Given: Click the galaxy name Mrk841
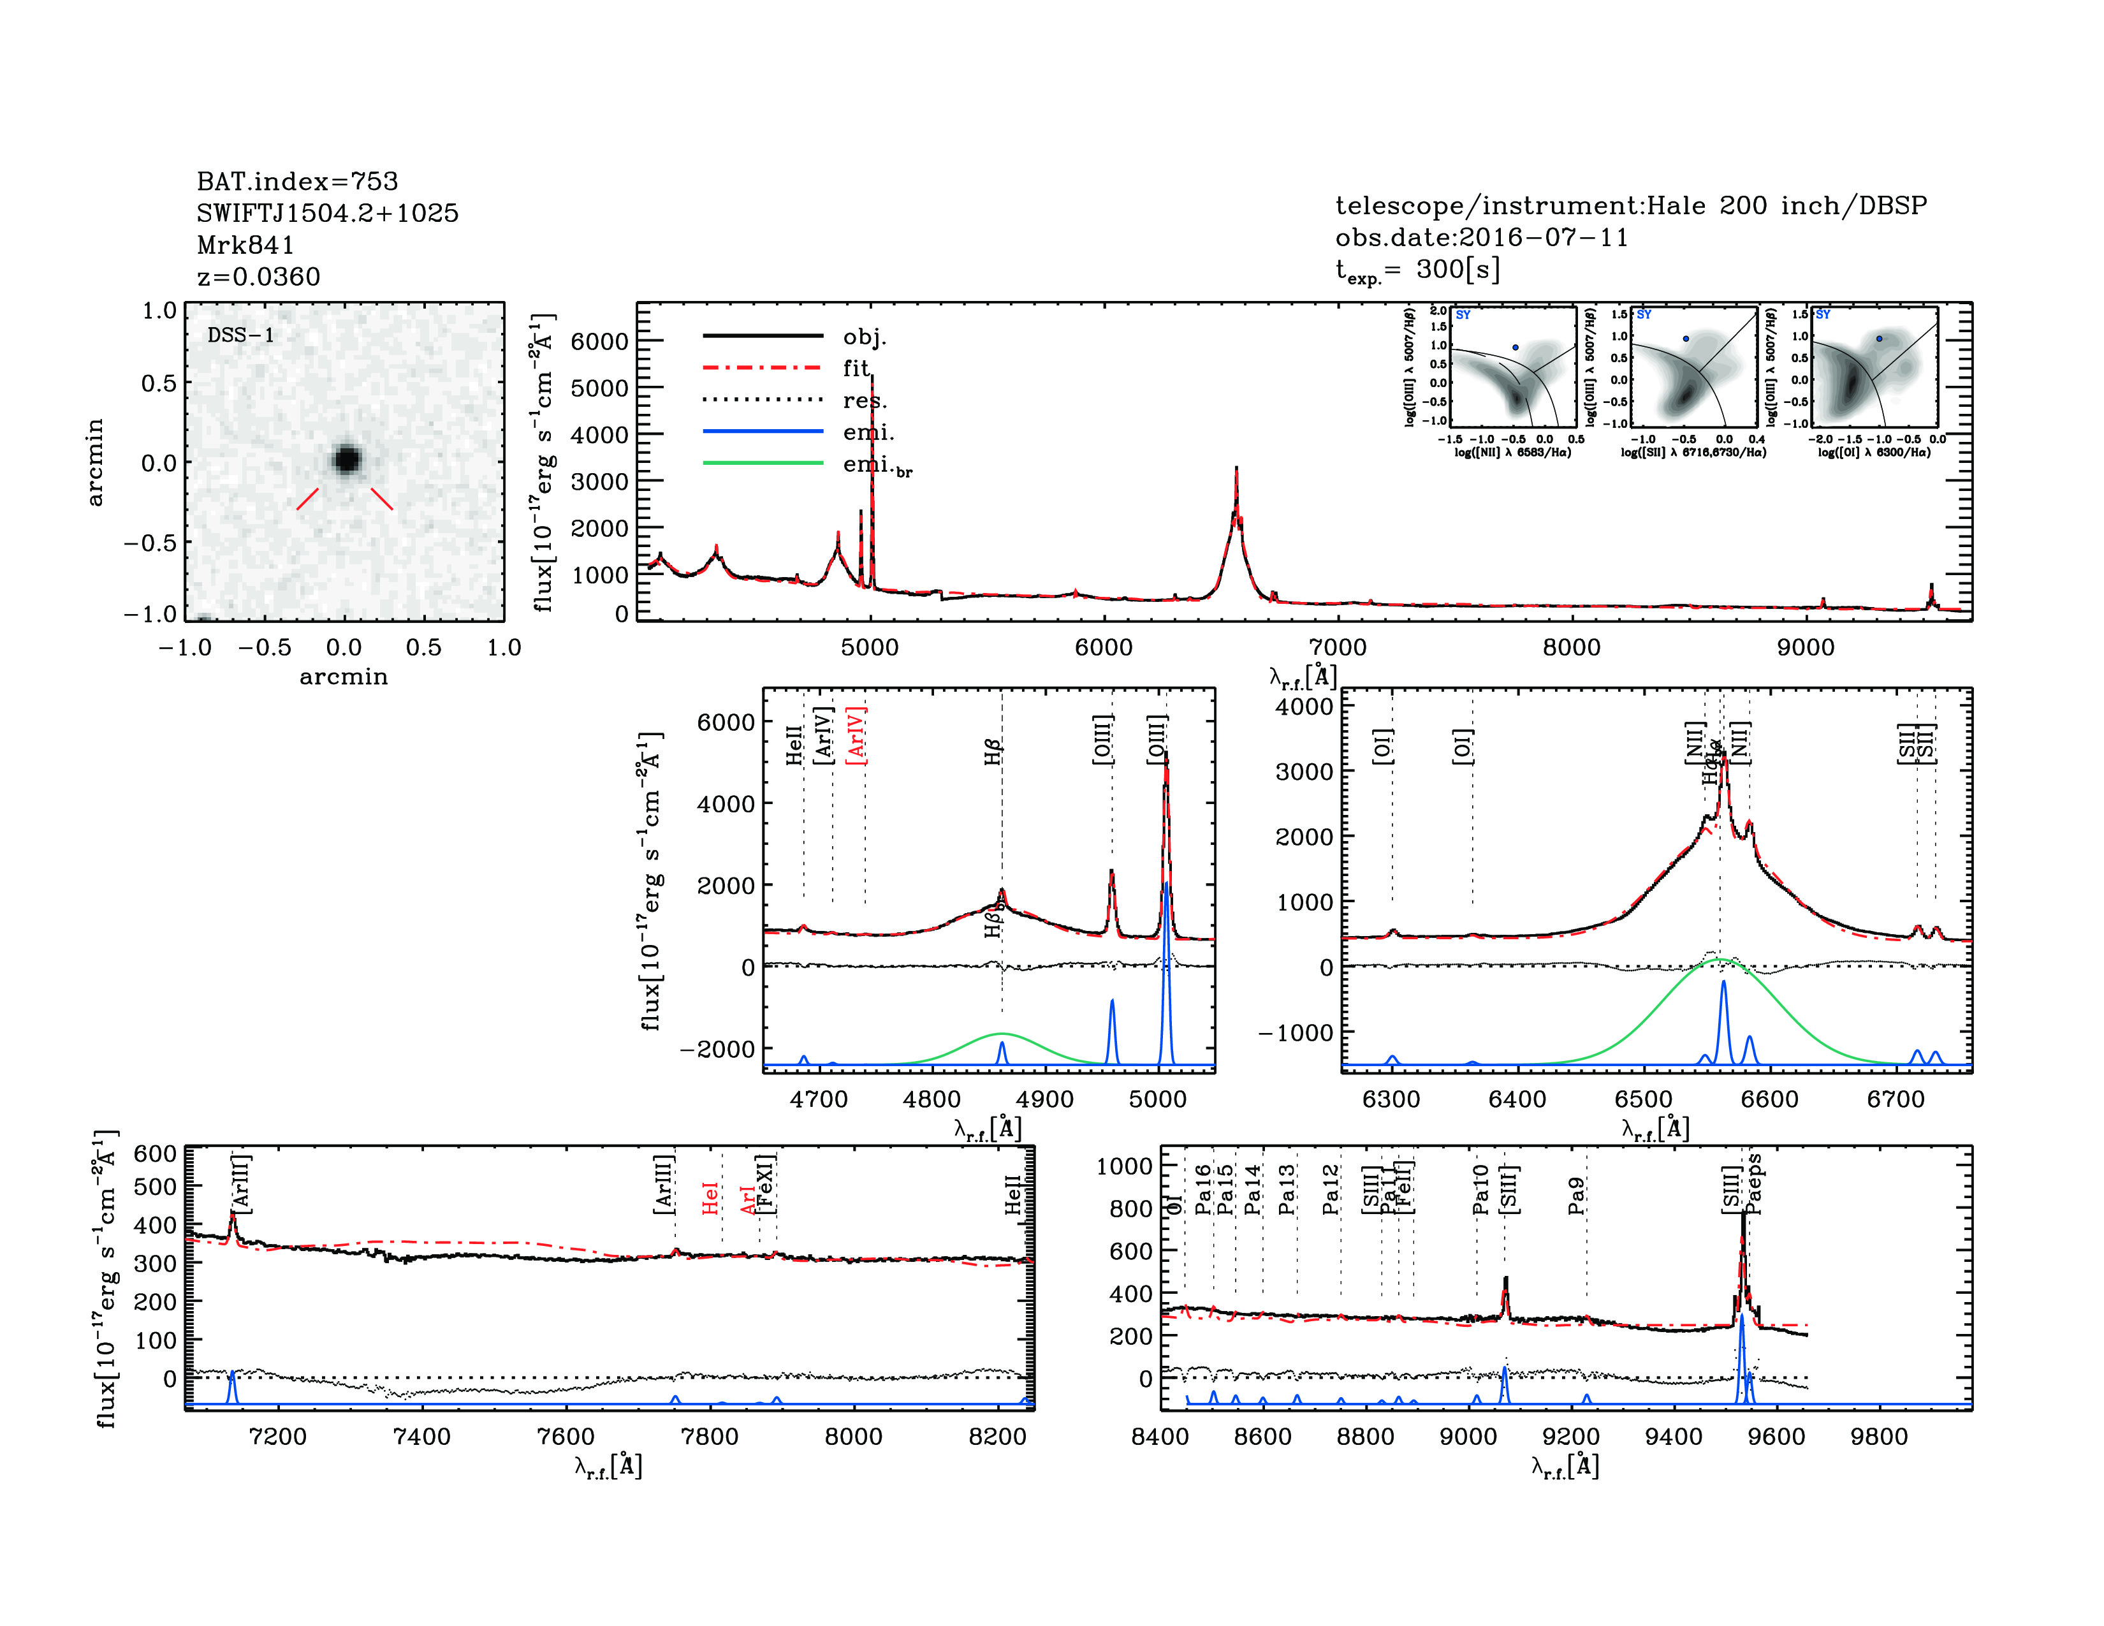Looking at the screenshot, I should coord(245,245).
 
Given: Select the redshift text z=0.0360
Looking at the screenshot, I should coord(258,277).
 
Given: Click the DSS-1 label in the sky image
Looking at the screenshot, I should coord(241,335).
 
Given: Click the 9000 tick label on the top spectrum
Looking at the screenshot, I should coord(1806,647).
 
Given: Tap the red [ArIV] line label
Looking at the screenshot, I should coord(856,736).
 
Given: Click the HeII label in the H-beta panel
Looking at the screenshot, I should coord(794,745).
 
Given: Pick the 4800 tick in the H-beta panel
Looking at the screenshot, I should coord(931,1100).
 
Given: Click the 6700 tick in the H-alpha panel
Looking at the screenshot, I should coord(1895,1100).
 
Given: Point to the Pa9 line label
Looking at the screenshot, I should coord(1576,1196).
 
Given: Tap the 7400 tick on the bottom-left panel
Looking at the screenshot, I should coord(422,1437).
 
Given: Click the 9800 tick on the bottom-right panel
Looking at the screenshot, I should coord(1878,1437).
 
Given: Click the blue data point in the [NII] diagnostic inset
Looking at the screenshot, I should coord(1516,348).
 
